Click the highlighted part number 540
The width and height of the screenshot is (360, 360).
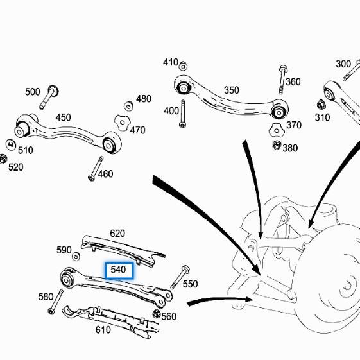pos(118,270)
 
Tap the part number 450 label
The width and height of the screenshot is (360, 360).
pos(64,117)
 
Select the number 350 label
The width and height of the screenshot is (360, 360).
pos(231,90)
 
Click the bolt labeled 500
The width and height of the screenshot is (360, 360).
pos(51,96)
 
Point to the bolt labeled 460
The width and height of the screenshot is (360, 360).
pos(96,169)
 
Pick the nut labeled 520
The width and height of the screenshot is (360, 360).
pos(4,159)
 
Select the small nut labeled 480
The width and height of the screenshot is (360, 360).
pos(128,104)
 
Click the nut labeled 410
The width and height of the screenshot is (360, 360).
pos(183,65)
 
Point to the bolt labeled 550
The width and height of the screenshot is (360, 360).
pos(178,277)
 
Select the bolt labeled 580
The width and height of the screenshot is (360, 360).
pos(55,301)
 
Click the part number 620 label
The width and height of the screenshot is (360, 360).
pos(117,234)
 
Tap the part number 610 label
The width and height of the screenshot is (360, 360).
pos(103,330)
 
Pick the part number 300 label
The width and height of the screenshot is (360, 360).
pos(343,64)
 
